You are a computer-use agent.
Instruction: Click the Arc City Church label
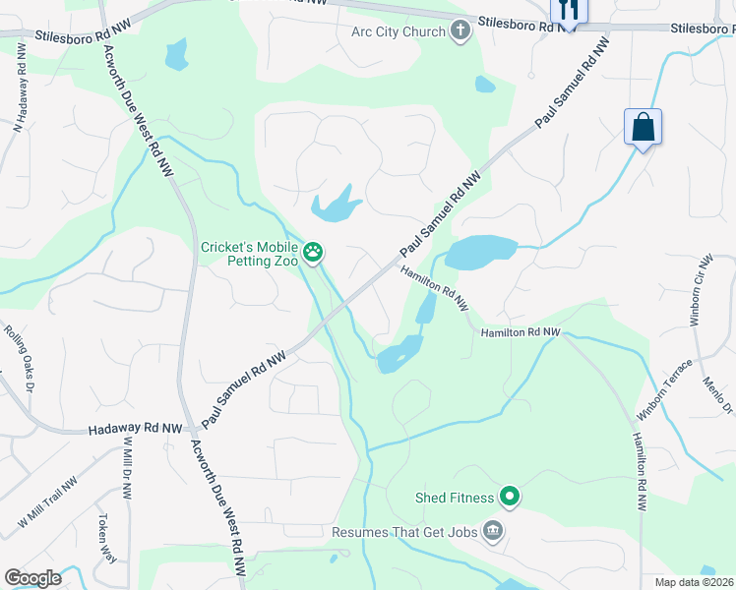[399, 31]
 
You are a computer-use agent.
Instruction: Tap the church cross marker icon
[460, 31]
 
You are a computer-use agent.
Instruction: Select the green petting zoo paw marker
[313, 254]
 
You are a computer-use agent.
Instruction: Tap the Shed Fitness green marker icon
[509, 498]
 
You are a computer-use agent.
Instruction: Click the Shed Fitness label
[454, 498]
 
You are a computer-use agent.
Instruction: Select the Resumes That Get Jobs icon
[493, 532]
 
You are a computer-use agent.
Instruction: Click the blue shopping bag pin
[643, 128]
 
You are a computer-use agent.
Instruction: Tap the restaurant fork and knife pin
[569, 10]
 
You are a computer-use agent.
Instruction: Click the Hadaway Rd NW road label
[135, 429]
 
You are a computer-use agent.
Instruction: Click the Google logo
[32, 578]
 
